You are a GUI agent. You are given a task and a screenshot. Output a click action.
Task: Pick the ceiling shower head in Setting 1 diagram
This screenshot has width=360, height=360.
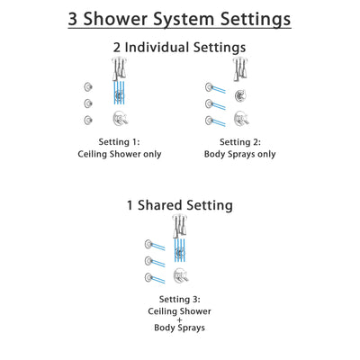118,67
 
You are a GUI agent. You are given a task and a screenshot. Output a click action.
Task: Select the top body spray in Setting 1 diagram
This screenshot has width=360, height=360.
87,87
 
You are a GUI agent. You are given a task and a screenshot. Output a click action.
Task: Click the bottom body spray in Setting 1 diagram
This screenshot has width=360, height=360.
87,120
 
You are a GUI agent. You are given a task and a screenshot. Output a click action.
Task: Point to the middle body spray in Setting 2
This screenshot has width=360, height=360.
211,103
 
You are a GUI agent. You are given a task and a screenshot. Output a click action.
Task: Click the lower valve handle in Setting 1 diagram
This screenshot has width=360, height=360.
118,118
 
